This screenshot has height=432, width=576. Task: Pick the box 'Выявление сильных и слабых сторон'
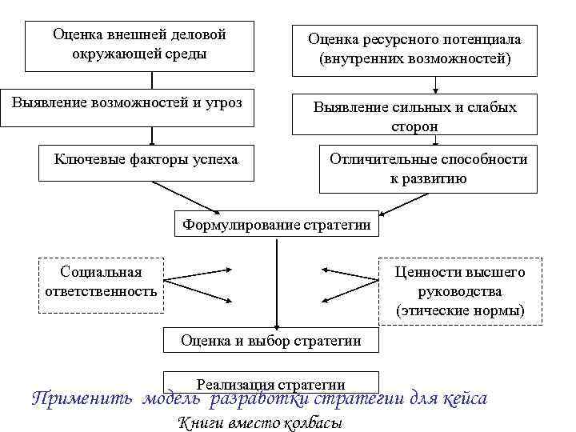414,116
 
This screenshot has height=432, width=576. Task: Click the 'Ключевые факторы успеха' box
146,160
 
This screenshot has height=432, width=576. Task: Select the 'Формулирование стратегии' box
277,225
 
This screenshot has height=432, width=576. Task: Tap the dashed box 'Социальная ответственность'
101,282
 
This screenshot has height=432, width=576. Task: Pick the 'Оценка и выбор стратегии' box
271,341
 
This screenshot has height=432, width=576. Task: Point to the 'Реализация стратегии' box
271,383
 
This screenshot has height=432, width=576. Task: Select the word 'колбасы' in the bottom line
313,423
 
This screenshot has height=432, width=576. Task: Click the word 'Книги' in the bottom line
194,423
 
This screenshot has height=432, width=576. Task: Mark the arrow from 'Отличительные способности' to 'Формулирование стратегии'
410,204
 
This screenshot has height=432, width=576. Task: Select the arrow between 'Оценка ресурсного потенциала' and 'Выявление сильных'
434,83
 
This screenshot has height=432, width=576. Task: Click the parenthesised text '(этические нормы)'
460,310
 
